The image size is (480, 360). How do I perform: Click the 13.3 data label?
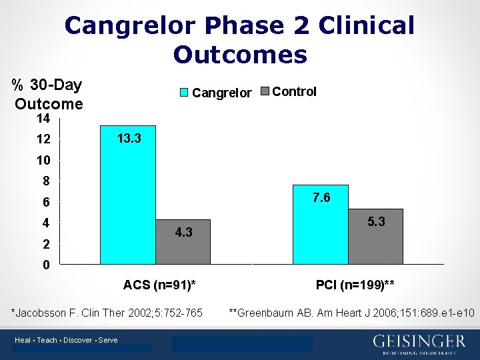click(128, 139)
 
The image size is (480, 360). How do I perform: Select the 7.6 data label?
click(321, 198)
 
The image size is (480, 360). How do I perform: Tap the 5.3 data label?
click(376, 221)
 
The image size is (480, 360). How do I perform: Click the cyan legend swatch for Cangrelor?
click(185, 92)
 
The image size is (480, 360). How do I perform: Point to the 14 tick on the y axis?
click(43, 119)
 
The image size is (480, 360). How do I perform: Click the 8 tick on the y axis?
click(46, 181)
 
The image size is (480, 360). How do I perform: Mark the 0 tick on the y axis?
click(46, 265)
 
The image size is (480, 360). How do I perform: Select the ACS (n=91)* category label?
click(159, 285)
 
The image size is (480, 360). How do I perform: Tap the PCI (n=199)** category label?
click(355, 285)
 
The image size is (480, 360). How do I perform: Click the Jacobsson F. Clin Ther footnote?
click(107, 313)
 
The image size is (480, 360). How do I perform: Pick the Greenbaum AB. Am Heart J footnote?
click(351, 313)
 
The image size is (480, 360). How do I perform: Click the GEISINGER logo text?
click(419, 341)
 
